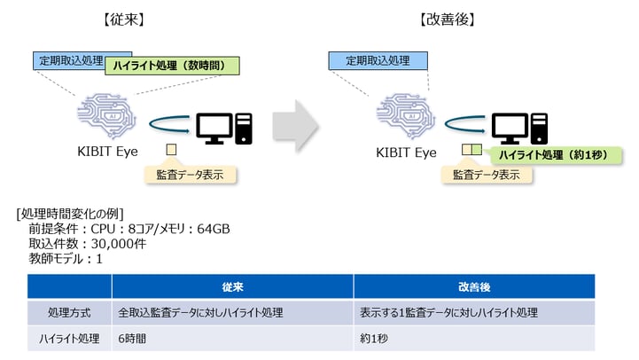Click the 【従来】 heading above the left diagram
click(x=124, y=20)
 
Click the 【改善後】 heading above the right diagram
click(x=448, y=20)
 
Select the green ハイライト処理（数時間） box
click(x=172, y=66)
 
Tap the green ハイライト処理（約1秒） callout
click(x=557, y=155)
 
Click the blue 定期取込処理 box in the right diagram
click(x=378, y=61)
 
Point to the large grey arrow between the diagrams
click(x=295, y=126)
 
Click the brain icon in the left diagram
click(x=106, y=116)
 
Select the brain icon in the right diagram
click(x=406, y=116)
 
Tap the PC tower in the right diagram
click(x=539, y=129)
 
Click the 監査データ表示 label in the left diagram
click(x=191, y=175)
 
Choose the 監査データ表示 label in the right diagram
click(x=487, y=175)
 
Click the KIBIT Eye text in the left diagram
click(x=107, y=152)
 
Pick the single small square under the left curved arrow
click(x=171, y=150)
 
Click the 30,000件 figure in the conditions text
click(x=119, y=244)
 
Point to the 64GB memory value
click(x=214, y=229)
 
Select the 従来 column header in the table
click(x=233, y=287)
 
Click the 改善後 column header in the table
click(x=474, y=287)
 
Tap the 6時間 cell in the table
click(x=132, y=339)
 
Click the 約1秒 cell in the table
click(x=374, y=339)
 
